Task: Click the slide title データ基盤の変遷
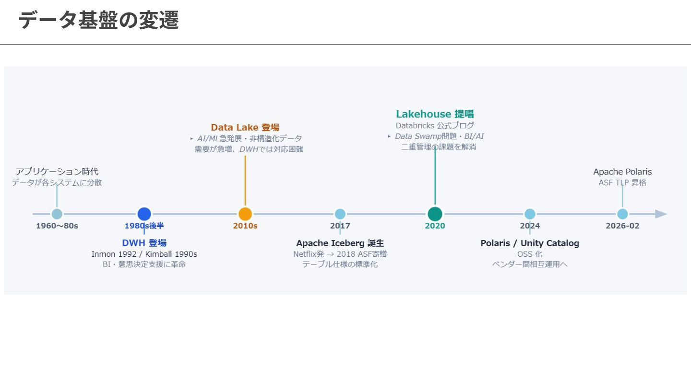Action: pos(99,20)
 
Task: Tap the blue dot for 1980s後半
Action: pos(144,214)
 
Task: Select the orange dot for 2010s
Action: pos(245,214)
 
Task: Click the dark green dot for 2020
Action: pos(435,214)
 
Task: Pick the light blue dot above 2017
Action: pos(340,214)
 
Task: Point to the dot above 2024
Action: pos(530,214)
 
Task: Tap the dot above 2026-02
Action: pos(622,214)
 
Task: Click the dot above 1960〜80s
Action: pos(57,214)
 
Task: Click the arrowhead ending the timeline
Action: pos(661,214)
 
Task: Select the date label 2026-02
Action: pos(622,226)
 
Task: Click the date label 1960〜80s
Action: pos(57,226)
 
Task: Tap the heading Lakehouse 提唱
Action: pos(435,114)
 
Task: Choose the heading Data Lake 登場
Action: pos(245,127)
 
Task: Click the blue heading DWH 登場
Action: pos(144,243)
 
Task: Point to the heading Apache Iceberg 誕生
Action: pos(340,243)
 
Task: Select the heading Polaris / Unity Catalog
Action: pos(530,243)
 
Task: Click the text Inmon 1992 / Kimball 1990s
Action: pos(144,254)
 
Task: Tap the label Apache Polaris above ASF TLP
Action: pos(622,171)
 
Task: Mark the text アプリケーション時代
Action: pos(57,171)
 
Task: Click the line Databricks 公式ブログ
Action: pos(435,126)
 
